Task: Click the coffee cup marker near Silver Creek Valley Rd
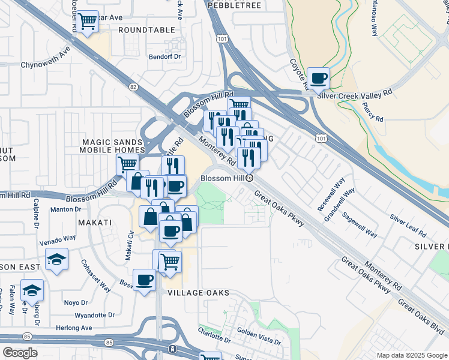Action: coord(318,78)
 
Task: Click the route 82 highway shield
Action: coord(133,88)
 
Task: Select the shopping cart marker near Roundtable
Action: coord(88,22)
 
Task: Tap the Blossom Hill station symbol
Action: coord(250,178)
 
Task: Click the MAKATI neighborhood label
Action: coord(95,223)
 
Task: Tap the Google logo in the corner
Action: coord(20,353)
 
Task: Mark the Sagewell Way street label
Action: coord(360,225)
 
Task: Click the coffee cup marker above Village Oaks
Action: coord(145,280)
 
